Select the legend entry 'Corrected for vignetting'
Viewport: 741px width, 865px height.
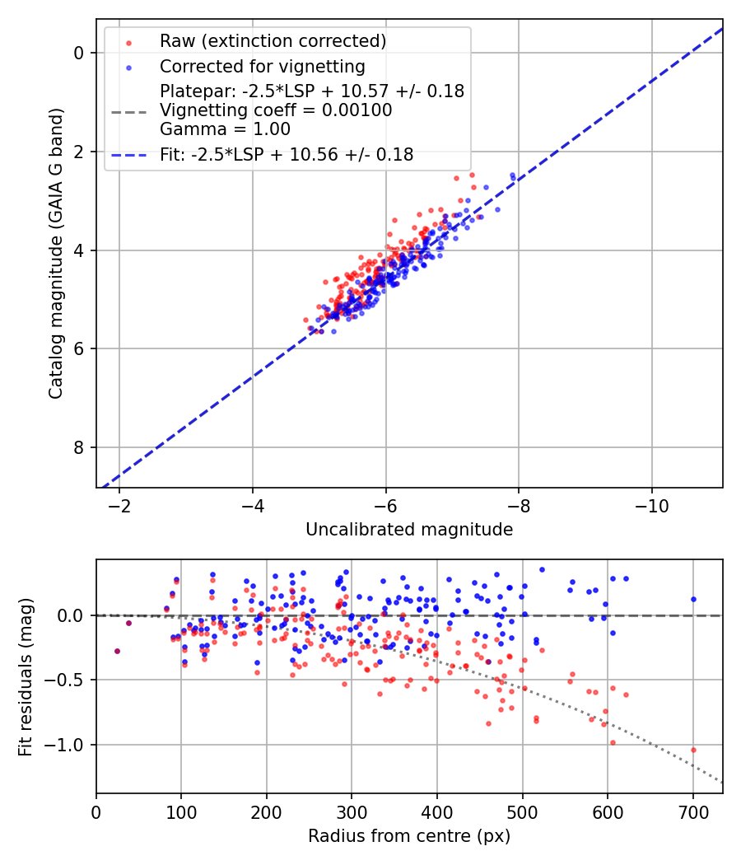262,67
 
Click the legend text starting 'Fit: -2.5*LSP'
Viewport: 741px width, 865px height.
287,154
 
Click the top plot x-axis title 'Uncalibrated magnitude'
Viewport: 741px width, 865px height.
409,530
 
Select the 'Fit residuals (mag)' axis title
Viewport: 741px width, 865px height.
26,676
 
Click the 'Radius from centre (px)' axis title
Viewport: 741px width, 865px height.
409,836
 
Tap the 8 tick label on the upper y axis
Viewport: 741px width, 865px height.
79,447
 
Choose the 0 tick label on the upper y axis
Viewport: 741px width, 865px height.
79,53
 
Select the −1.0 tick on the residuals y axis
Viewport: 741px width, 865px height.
69,745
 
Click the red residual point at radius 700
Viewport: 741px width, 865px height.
693,750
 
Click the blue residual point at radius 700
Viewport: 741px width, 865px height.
693,599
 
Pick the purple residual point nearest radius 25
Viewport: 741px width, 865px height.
117,651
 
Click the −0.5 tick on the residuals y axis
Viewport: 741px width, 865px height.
69,680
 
